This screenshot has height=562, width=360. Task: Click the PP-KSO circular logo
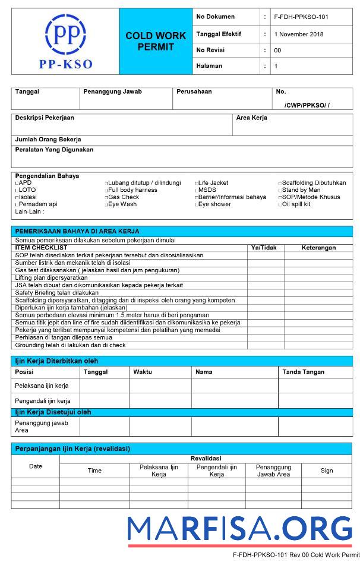(x=65, y=34)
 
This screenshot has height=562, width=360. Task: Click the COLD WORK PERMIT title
(x=156, y=41)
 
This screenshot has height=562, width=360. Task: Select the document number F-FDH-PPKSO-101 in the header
(x=301, y=17)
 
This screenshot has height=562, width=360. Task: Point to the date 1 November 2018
(x=299, y=34)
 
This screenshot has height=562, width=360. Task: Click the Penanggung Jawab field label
(x=112, y=92)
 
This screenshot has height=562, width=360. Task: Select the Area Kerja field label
(x=251, y=118)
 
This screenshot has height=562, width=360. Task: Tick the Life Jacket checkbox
(x=197, y=183)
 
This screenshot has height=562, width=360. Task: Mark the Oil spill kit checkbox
(x=280, y=204)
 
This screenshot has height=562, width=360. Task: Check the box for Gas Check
(x=107, y=197)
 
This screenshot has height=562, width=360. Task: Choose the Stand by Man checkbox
(x=280, y=190)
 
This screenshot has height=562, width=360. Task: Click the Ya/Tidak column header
(x=264, y=248)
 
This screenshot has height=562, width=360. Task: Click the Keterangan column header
(x=318, y=248)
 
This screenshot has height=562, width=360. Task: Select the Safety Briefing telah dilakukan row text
(x=56, y=293)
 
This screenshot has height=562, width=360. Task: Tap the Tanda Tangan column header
(x=303, y=372)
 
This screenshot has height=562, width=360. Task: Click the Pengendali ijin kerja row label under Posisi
(x=42, y=401)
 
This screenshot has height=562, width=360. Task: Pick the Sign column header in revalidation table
(x=327, y=471)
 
